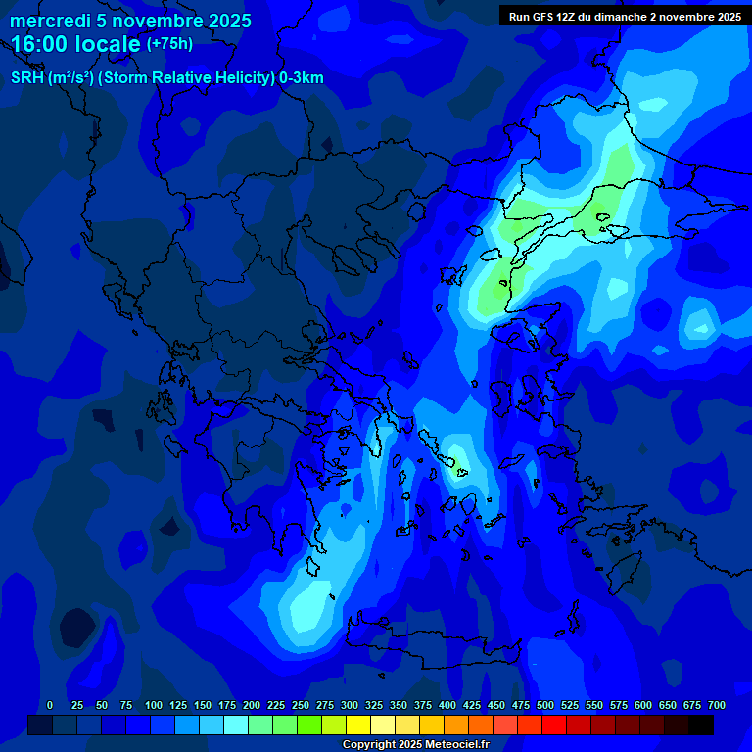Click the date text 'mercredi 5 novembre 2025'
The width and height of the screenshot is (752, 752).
(130, 21)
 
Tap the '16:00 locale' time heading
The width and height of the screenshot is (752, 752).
(75, 43)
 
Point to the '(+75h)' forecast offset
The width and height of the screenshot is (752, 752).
(169, 43)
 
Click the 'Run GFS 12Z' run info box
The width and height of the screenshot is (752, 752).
(625, 16)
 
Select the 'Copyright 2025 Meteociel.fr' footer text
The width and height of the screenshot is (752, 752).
(415, 744)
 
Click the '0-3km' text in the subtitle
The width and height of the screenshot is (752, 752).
(301, 78)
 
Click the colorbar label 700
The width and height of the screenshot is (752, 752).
(717, 705)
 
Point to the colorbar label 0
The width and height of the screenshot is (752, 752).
(50, 705)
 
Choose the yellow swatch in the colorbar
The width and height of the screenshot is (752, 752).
(358, 725)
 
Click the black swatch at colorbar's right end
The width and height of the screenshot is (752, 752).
(701, 725)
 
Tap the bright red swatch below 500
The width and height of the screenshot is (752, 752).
(530, 725)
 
